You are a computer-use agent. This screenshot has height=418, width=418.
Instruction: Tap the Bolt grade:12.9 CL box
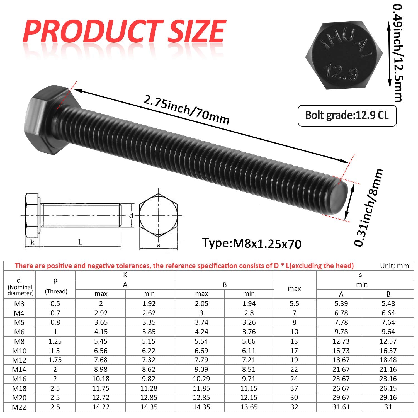[x=347, y=115]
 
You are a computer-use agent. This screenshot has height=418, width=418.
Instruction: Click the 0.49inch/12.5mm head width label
[x=398, y=53]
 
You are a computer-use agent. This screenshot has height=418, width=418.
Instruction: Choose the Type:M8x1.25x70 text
[x=252, y=243]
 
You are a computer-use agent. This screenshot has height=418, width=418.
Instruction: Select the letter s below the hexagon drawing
[x=158, y=245]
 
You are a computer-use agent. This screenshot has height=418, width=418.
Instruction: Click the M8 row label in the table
[x=19, y=341]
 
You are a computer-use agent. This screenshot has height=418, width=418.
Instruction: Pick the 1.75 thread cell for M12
[x=55, y=360]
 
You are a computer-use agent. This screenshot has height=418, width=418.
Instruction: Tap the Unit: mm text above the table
[x=394, y=266]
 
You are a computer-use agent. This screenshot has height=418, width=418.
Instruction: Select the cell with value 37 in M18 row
[x=294, y=388]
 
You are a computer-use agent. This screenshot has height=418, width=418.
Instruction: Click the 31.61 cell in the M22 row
[x=341, y=407]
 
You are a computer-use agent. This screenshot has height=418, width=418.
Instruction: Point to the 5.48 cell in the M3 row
[x=388, y=303]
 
